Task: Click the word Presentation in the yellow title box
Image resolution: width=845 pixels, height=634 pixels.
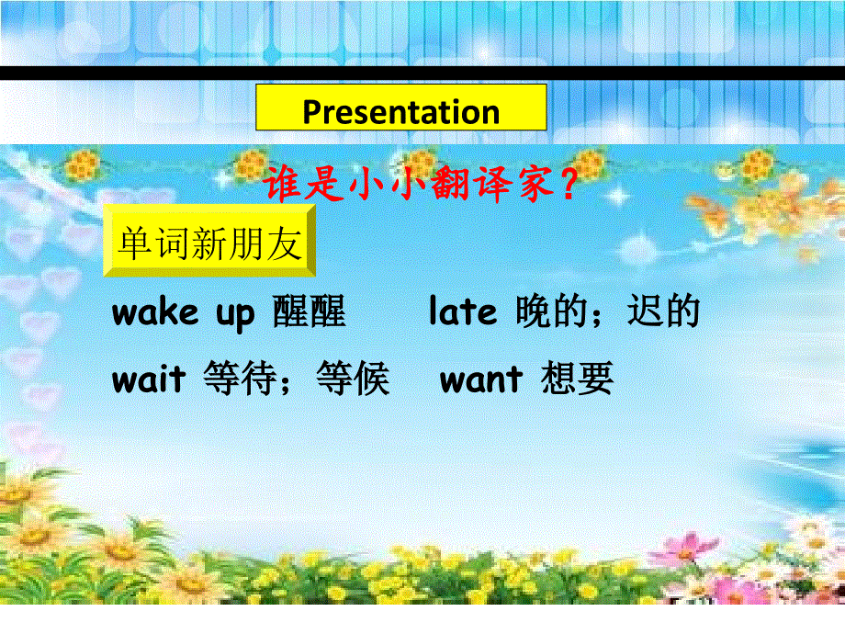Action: tap(400, 112)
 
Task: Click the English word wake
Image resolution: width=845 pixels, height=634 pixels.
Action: tap(154, 313)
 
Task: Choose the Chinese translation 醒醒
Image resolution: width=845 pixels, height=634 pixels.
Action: tap(310, 313)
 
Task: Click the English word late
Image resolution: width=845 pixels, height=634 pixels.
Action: tap(463, 313)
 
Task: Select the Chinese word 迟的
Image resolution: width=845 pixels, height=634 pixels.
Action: tap(663, 313)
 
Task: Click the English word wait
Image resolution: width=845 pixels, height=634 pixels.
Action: tap(149, 379)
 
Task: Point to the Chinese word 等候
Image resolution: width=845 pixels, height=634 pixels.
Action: tap(353, 379)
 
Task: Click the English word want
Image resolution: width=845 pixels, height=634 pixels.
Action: tap(481, 379)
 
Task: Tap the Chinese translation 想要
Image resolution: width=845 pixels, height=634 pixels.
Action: tap(577, 379)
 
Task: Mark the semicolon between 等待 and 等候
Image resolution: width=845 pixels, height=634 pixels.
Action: tap(296, 382)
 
